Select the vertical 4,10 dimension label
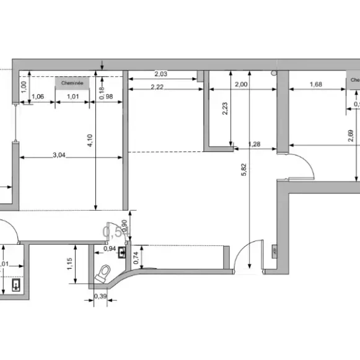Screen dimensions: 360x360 pyautogui.click(x=90, y=141)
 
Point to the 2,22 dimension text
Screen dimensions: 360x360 pyautogui.click(x=157, y=87)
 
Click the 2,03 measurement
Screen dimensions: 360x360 pyautogui.click(x=160, y=74)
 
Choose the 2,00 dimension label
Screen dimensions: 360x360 pyautogui.click(x=242, y=85)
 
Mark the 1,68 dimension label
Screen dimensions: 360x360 pyautogui.click(x=315, y=85)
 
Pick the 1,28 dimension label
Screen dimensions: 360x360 pyautogui.click(x=255, y=145)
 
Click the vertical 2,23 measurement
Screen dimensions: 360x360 pyautogui.click(x=226, y=108)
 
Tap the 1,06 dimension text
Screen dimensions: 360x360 pyautogui.click(x=37, y=96)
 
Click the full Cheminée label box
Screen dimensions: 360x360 pyautogui.click(x=72, y=82)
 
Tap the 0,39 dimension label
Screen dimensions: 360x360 pyautogui.click(x=99, y=297)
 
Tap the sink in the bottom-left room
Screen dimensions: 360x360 pyautogui.click(x=15, y=286)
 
